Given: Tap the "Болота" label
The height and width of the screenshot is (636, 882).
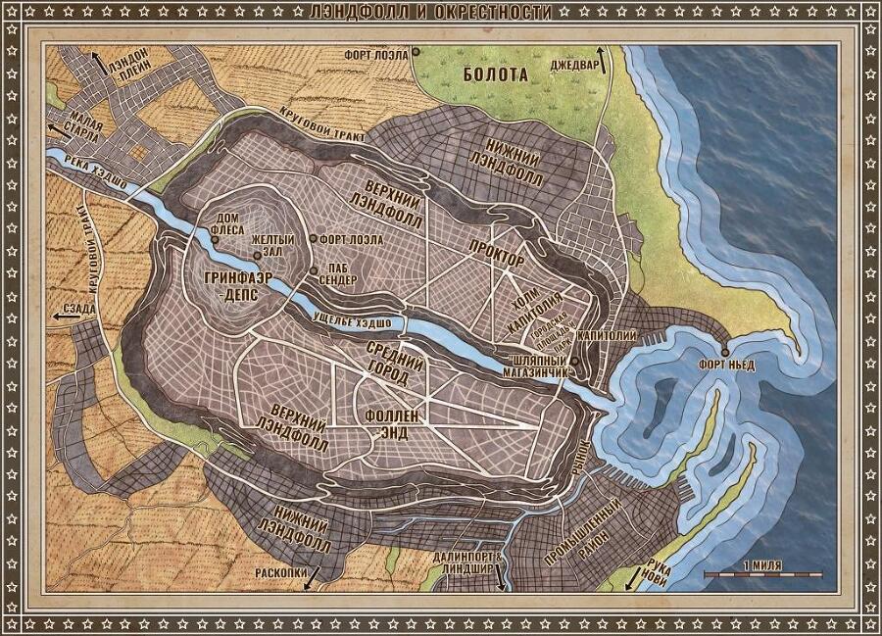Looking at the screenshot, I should click(x=496, y=73).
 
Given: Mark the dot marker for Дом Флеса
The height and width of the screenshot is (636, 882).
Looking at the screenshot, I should click(x=215, y=239).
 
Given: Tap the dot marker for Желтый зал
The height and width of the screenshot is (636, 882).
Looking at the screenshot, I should click(x=257, y=257).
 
